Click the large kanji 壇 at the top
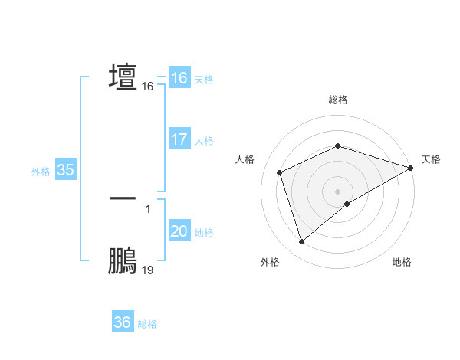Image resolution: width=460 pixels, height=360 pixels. tap(123, 77)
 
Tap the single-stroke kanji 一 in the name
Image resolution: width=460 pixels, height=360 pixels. tap(123, 198)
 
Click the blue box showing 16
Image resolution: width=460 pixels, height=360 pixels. tap(179, 78)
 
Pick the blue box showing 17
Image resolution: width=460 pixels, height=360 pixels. tap(179, 140)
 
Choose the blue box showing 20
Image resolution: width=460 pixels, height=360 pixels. tap(179, 232)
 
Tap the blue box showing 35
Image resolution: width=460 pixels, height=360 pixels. tap(65, 171)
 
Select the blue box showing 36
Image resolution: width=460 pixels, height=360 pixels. tap(122, 323)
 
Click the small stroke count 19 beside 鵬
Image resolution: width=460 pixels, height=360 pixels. tap(148, 270)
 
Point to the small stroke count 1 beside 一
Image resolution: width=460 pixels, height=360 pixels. tap(148, 208)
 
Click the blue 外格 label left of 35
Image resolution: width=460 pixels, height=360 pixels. tap(41, 172)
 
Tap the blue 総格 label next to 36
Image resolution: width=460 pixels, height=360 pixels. tap(147, 324)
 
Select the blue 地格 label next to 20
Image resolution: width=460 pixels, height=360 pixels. tap(205, 233)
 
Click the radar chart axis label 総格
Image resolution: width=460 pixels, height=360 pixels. tap(338, 100)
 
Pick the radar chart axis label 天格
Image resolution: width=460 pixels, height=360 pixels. tap(431, 159)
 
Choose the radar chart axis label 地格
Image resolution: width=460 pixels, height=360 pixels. tap(402, 263)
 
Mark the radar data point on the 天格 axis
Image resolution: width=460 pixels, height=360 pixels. tap(411, 168)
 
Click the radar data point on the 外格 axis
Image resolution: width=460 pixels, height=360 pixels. tap(301, 242)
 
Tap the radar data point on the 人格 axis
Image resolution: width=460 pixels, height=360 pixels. tap(280, 172)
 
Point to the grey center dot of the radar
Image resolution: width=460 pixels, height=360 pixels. tap(338, 191)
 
